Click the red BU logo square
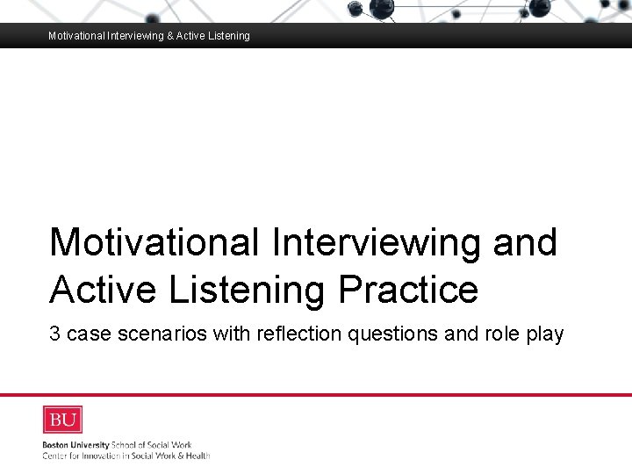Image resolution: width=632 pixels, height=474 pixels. coord(62,420)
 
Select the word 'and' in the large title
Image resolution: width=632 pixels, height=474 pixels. coord(525,241)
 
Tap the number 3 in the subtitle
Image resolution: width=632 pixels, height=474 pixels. coord(54,334)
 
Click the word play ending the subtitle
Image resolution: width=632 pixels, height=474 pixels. coord(545,334)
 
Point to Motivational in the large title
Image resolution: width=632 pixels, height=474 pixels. coord(154,241)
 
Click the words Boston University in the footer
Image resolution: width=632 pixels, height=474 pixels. coord(75,445)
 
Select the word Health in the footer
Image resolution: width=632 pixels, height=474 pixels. coord(196,456)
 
